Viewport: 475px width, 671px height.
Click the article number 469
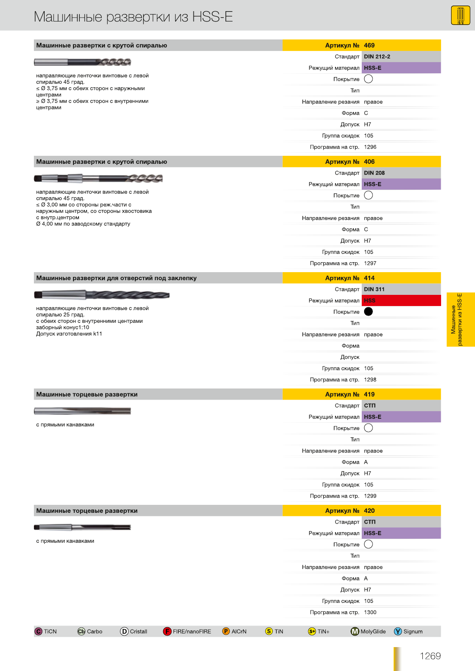pos(369,45)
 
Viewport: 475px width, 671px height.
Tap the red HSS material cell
pos(401,300)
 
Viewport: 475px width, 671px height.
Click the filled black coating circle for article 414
pos(369,312)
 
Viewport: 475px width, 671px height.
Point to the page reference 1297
pos(370,263)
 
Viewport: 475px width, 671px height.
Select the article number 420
pos(369,511)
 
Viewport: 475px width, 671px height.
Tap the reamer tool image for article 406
pos(98,178)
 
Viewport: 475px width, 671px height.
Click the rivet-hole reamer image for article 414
pos(102,295)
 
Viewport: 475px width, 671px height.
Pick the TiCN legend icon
pos(39,632)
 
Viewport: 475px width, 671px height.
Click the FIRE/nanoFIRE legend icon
pos(167,632)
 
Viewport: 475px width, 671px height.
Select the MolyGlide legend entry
pos(369,632)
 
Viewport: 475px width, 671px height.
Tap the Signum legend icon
pos(398,632)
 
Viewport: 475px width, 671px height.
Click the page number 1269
pos(430,656)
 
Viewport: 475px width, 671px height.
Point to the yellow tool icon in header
pos(460,16)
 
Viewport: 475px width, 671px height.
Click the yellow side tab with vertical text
pos(460,320)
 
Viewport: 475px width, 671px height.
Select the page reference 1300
pos(370,612)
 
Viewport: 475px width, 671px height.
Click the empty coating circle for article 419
pos(369,428)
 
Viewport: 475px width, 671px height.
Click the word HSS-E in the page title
pos(212,17)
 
